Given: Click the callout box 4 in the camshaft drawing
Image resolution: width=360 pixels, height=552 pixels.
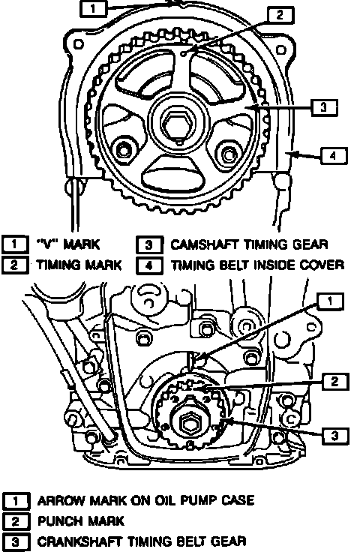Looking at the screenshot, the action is [x=334, y=155].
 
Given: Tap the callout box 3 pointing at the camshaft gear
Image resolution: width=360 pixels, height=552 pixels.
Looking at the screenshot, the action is [x=324, y=107].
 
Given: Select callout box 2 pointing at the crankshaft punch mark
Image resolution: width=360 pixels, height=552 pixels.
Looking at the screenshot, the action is [x=334, y=381].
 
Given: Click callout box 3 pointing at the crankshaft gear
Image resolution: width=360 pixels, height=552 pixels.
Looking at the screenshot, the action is [x=335, y=436].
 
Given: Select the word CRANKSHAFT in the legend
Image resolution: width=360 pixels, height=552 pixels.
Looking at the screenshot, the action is [x=80, y=541].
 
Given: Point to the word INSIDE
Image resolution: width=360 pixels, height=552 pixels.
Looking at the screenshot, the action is [x=274, y=265].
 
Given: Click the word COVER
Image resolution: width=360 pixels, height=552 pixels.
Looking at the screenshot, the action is [x=322, y=265].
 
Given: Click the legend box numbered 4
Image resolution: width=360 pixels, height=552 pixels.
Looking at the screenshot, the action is [x=149, y=265].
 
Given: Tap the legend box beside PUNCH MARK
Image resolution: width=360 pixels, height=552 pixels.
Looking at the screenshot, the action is [x=16, y=521].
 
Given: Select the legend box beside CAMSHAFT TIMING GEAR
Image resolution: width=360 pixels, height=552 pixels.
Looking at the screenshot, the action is [x=149, y=245].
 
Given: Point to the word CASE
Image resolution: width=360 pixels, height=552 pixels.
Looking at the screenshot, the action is [x=238, y=500].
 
